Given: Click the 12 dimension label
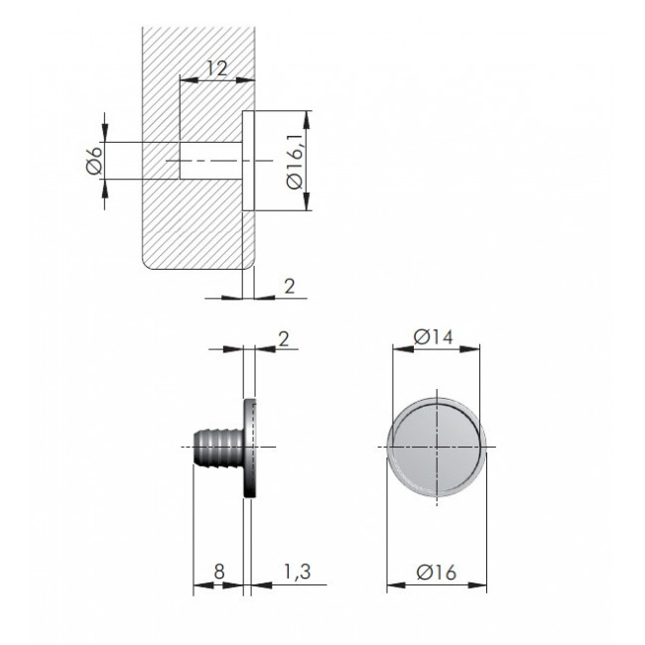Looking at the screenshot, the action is [216, 68].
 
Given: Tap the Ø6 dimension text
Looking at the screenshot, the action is [94, 161].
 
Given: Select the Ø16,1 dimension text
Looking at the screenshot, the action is [295, 161].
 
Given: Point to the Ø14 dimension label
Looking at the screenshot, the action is [434, 337].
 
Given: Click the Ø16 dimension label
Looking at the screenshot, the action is [437, 573].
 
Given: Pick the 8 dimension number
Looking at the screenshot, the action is [219, 571].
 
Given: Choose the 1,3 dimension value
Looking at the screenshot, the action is [298, 572].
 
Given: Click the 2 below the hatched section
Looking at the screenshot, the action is [290, 286].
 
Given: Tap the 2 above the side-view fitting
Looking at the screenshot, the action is [284, 339].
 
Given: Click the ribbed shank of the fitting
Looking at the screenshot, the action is [219, 448].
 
